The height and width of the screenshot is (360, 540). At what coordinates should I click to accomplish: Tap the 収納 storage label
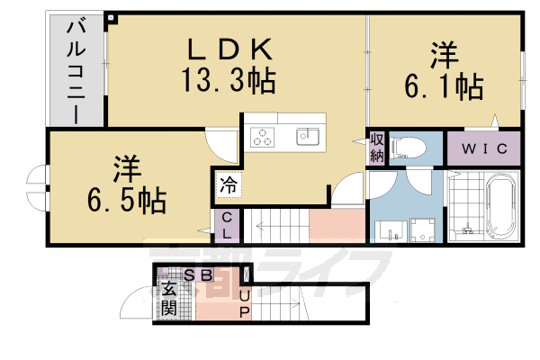376,148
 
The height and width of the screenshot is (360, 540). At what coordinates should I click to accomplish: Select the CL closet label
228,225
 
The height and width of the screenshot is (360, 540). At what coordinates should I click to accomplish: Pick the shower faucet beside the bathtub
467,230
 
